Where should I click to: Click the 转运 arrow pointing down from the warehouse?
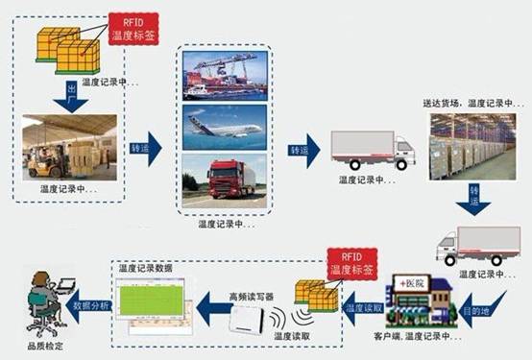472,198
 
